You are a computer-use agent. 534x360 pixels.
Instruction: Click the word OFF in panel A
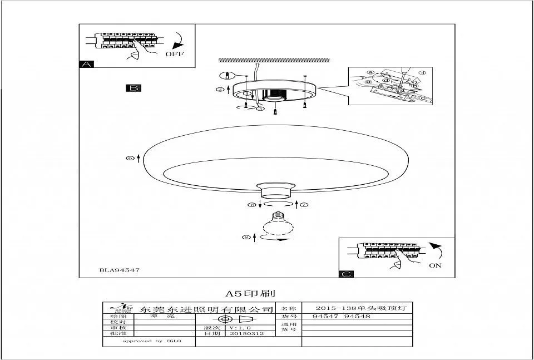click(x=174, y=54)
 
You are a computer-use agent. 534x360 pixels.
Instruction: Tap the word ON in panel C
click(x=435, y=265)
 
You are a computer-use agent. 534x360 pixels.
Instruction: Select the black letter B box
click(x=134, y=88)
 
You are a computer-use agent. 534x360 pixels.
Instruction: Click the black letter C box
click(x=347, y=274)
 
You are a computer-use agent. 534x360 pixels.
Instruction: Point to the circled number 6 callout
click(x=130, y=159)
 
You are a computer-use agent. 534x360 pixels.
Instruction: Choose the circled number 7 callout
click(x=304, y=205)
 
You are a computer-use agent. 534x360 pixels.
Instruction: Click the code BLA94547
click(x=119, y=270)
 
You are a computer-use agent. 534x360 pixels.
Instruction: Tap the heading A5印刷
click(x=250, y=293)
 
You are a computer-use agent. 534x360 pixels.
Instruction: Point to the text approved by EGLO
click(x=152, y=341)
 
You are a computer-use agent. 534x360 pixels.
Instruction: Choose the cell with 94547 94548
click(x=342, y=316)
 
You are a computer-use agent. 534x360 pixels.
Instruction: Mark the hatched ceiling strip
click(x=275, y=60)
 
